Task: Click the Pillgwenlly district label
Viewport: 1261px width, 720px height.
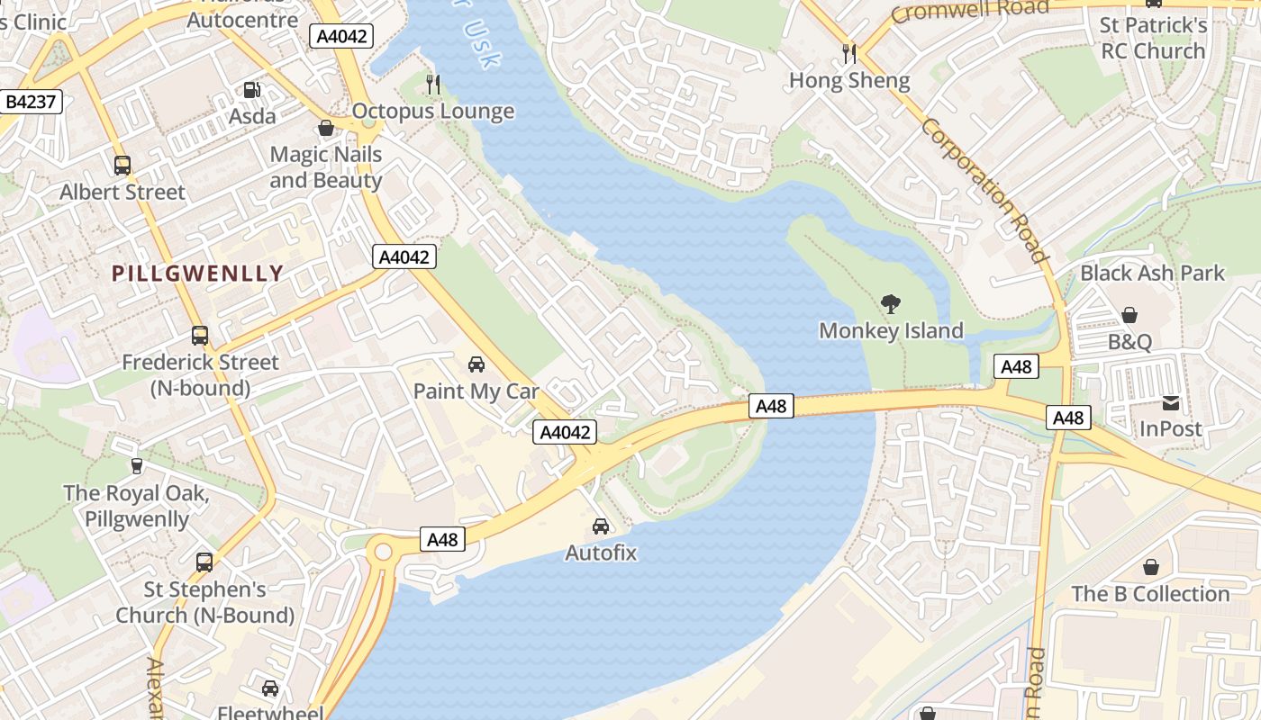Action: pyautogui.click(x=197, y=274)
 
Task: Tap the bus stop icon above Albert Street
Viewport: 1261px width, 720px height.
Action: pyautogui.click(x=122, y=166)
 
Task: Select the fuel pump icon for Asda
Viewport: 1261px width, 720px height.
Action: pyautogui.click(x=252, y=90)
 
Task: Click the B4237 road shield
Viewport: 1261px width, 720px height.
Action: pyautogui.click(x=32, y=102)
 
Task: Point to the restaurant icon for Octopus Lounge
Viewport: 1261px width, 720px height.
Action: pyautogui.click(x=433, y=85)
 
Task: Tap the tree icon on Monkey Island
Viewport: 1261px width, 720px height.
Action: pyautogui.click(x=891, y=304)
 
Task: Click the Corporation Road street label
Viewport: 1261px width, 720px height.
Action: pyautogui.click(x=985, y=190)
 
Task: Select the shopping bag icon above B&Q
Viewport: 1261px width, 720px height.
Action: pyautogui.click(x=1129, y=315)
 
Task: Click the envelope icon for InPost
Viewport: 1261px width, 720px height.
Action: pyautogui.click(x=1171, y=403)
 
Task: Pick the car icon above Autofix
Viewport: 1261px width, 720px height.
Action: pyautogui.click(x=601, y=526)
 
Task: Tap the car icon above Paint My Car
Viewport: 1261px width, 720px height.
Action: pyautogui.click(x=476, y=364)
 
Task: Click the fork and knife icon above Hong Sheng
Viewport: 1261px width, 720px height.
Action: pyautogui.click(x=849, y=53)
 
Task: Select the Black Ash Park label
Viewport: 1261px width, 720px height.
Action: pyautogui.click(x=1152, y=273)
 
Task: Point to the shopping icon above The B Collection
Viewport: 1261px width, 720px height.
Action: pyautogui.click(x=1150, y=567)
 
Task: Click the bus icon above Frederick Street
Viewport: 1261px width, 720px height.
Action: pyautogui.click(x=200, y=336)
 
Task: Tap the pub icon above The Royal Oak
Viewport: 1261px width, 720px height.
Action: pyautogui.click(x=136, y=466)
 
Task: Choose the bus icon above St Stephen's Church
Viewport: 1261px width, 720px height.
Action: pyautogui.click(x=204, y=562)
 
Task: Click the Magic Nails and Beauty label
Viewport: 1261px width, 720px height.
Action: pyautogui.click(x=326, y=167)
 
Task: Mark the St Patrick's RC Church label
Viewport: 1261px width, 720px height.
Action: pyautogui.click(x=1154, y=38)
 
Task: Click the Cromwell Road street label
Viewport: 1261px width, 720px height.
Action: pyautogui.click(x=969, y=11)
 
